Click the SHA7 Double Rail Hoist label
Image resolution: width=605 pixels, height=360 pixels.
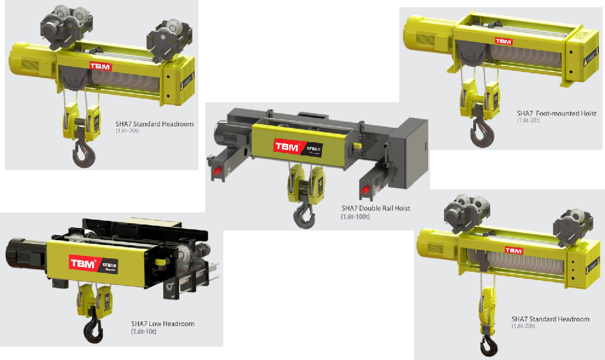(x=376, y=208)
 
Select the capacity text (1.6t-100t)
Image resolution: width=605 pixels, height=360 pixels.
(x=355, y=216)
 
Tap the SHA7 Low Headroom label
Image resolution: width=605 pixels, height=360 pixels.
(x=163, y=324)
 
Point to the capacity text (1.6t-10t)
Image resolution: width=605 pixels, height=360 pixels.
(x=143, y=332)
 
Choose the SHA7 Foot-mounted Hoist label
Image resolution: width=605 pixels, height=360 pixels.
(x=557, y=113)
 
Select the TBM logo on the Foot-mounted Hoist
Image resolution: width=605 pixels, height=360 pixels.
(x=503, y=42)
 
